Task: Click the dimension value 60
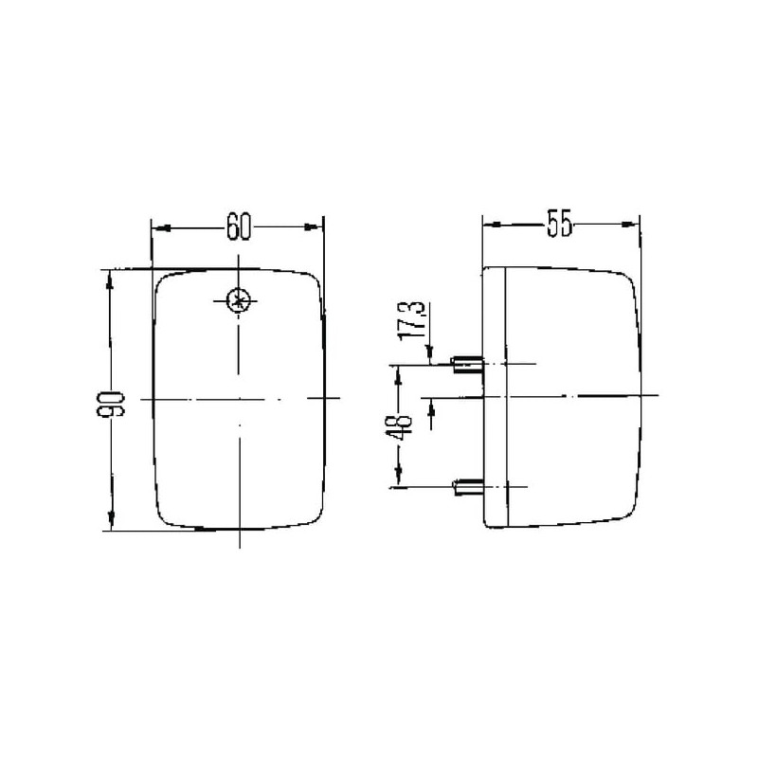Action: [239, 226]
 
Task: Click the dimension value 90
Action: [111, 405]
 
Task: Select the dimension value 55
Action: [559, 224]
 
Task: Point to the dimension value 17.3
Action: [411, 320]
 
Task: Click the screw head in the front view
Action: [239, 300]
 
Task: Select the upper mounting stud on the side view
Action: [467, 365]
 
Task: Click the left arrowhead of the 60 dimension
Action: [162, 227]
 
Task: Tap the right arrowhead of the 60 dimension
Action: [312, 226]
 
